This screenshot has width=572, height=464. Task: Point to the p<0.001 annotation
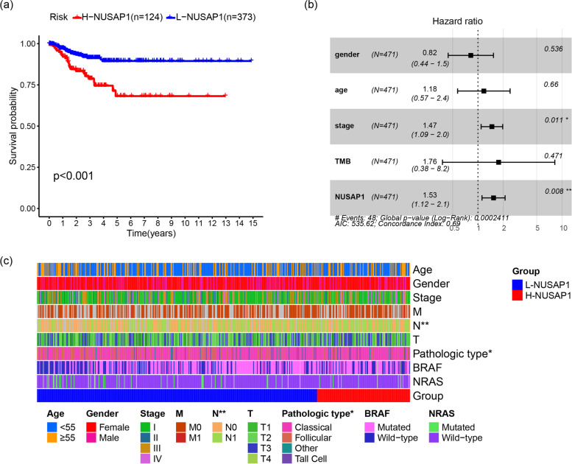click(76, 177)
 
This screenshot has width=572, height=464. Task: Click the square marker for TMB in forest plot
click(498, 162)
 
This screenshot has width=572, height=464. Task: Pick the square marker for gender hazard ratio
click(471, 55)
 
